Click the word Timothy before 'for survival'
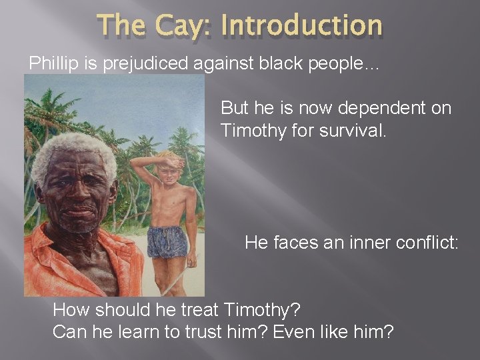point(251,131)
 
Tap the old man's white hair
point(70,150)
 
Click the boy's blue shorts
point(168,242)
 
